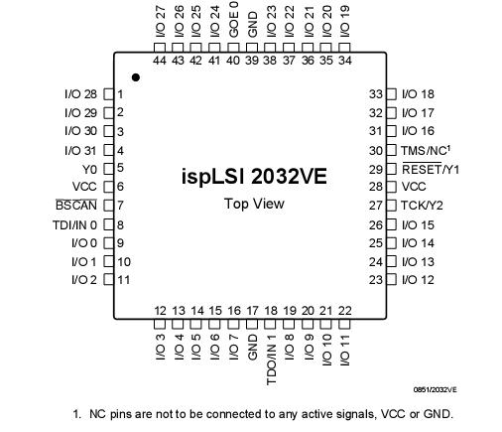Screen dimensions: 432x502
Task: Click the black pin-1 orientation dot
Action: pos(136,76)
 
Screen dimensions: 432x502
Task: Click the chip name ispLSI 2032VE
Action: pos(253,177)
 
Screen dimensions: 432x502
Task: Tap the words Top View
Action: pos(253,204)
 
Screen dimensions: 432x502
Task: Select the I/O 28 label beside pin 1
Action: pos(81,94)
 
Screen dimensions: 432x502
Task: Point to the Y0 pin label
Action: pos(90,168)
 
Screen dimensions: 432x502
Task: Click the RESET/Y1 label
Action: pos(430,169)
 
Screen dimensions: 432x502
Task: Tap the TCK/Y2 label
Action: pos(422,206)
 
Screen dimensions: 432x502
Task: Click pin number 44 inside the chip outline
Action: pos(160,61)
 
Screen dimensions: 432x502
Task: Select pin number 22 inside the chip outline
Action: pos(344,311)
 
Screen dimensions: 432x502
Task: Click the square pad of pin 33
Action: pos(391,94)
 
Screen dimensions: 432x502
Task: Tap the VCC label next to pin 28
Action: pos(413,187)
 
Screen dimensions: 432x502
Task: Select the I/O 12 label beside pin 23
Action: pos(418,280)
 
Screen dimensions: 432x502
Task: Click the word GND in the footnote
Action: pos(442,414)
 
